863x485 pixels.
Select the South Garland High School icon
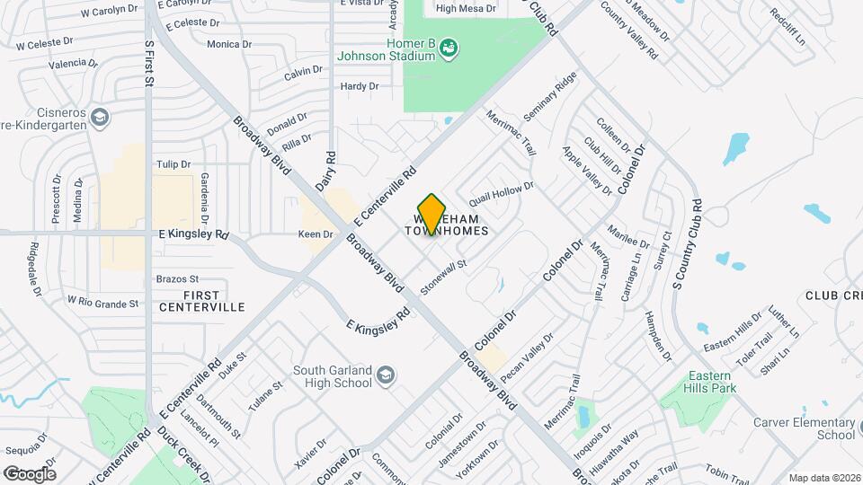(385, 375)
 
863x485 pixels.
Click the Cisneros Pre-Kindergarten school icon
(101, 118)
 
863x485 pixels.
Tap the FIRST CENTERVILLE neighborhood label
(201, 301)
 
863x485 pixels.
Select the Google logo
(30, 473)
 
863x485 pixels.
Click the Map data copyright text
(823, 478)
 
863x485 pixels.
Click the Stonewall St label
(445, 277)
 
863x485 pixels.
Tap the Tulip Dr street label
(173, 164)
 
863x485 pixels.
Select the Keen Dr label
(316, 234)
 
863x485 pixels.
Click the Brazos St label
(177, 279)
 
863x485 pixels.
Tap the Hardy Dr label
(360, 86)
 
